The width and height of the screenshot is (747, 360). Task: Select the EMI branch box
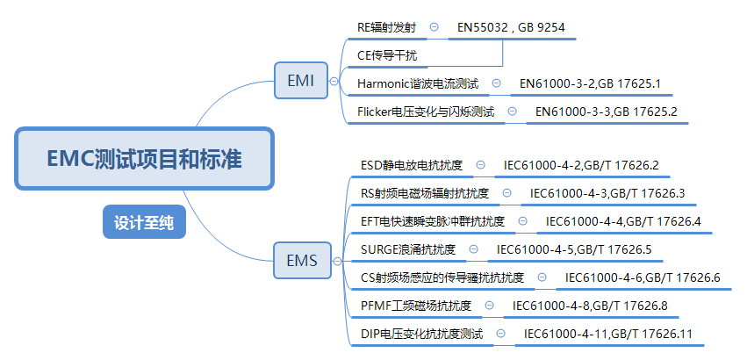pos(301,81)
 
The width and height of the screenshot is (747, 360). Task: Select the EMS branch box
pos(301,259)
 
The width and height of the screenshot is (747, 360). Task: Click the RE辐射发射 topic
pos(386,28)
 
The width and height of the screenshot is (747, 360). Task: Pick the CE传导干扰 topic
pos(387,55)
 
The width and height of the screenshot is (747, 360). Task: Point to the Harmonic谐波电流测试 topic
pos(418,83)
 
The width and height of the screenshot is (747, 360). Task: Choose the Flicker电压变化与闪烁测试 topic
pos(426,112)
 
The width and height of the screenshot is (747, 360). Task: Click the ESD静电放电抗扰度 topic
pos(412,165)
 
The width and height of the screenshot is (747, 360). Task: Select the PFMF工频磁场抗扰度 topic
pos(416,306)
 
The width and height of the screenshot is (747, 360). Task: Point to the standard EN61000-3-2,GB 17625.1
pos(590,83)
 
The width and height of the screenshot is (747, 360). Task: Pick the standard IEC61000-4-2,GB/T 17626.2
pos(581,165)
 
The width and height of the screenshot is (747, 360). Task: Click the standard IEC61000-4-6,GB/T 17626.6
pos(643,277)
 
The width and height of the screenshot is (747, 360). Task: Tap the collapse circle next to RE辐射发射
pos(435,28)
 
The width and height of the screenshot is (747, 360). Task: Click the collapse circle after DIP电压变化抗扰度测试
pos(501,334)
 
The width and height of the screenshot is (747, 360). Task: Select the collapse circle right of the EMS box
pos(334,259)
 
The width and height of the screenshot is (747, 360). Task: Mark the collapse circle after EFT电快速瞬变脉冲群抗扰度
pos(523,221)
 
